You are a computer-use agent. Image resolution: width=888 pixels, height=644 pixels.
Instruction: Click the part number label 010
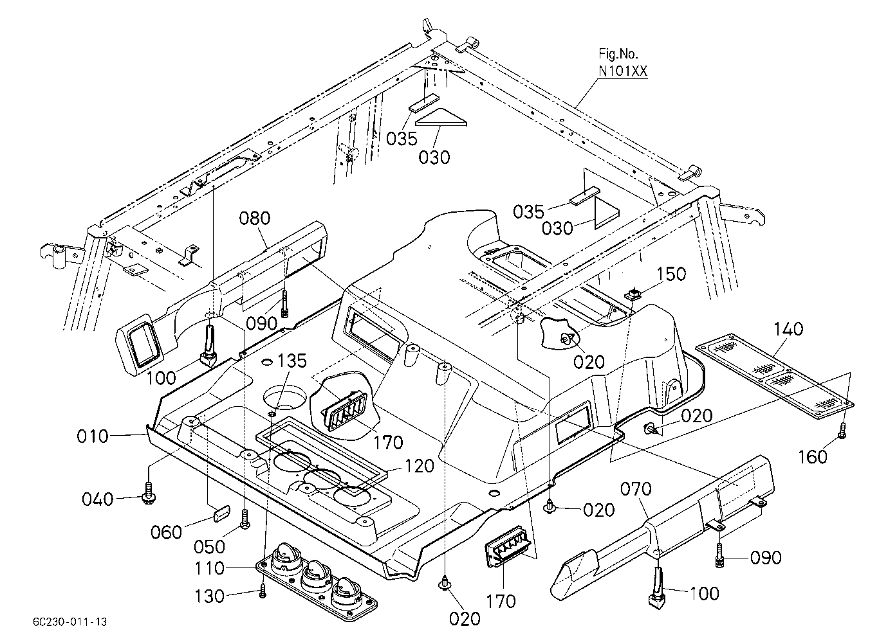click(x=93, y=436)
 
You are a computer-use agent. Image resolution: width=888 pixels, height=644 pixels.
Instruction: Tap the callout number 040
click(x=98, y=499)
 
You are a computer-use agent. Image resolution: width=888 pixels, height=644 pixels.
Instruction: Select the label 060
click(x=167, y=532)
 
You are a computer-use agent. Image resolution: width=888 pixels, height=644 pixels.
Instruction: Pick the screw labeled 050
click(x=245, y=519)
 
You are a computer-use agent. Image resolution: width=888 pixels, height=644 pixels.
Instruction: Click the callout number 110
click(x=209, y=569)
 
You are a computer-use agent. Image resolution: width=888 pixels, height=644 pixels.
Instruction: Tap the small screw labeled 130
click(x=263, y=593)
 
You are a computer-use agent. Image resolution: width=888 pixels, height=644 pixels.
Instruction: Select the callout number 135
click(x=291, y=361)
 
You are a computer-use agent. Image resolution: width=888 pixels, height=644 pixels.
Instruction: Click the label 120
click(x=420, y=466)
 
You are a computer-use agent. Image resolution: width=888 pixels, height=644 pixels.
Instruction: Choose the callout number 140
click(x=788, y=329)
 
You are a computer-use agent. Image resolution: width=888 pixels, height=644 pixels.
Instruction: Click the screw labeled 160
click(x=842, y=431)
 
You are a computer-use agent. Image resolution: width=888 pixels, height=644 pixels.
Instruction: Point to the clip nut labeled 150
click(x=632, y=294)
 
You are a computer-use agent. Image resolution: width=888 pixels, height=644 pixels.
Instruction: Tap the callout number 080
click(x=255, y=219)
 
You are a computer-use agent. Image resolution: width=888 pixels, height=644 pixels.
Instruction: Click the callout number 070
click(x=636, y=490)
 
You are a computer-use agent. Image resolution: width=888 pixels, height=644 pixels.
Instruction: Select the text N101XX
click(x=623, y=71)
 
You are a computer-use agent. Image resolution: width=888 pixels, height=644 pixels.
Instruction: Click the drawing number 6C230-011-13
click(x=69, y=622)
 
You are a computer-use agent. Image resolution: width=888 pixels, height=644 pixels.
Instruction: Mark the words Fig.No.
click(x=618, y=53)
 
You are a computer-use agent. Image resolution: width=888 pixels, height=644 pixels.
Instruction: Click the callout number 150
click(x=671, y=274)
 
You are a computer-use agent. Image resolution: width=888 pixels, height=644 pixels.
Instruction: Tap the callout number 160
click(x=812, y=457)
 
